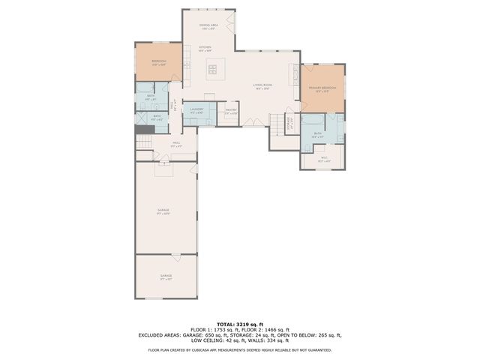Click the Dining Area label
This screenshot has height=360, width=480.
pos(208,26)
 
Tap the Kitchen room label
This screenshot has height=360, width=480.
pos(205,48)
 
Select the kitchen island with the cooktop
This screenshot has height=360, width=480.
pos(212,70)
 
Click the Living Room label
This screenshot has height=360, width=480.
pos(262,86)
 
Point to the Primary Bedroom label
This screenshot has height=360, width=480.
pos(322,89)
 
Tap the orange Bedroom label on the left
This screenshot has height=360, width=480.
pos(158,62)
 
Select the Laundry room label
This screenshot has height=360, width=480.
pos(196,111)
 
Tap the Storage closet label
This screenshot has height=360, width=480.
pos(290,126)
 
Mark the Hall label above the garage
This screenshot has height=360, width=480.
pos(176,144)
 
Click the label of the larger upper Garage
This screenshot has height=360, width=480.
pos(163,211)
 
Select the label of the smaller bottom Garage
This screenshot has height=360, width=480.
pos(166,277)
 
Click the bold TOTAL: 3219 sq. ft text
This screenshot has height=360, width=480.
pos(239,324)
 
